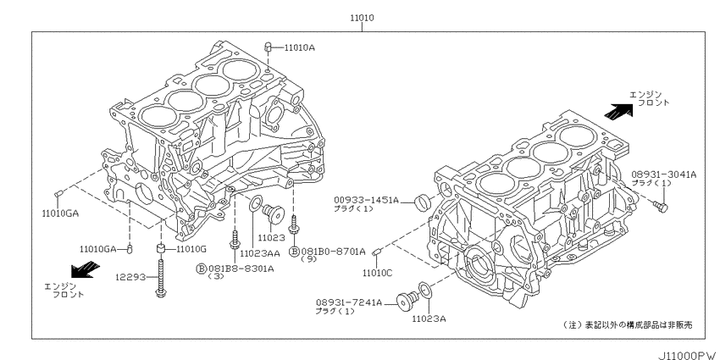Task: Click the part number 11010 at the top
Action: coord(362,18)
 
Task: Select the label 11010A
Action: coord(299,47)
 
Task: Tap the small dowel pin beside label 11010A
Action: coord(269,47)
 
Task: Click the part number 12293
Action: coord(130,277)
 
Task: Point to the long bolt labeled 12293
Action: coord(161,277)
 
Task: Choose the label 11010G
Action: coord(191,249)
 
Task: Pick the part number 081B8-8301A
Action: coord(241,269)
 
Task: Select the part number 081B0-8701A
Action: coord(334,252)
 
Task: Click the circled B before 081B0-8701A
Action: coord(294,252)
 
